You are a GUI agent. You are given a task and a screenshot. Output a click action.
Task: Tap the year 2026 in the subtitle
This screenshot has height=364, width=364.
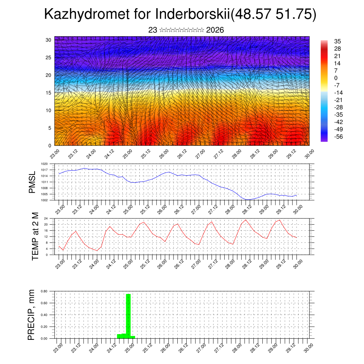point(215,30)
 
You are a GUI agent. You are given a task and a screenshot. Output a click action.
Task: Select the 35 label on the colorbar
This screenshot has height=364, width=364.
point(337,41)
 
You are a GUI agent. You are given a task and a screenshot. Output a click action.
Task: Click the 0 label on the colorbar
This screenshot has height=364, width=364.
point(336,78)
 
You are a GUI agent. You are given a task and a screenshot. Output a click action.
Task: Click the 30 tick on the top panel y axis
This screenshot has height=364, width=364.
point(48,40)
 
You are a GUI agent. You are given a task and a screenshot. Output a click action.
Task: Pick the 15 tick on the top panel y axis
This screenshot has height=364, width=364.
point(48,93)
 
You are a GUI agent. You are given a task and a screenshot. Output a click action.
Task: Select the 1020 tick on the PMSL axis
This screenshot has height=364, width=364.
point(44,164)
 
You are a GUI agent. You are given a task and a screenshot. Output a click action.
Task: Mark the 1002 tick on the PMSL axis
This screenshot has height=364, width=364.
point(44,200)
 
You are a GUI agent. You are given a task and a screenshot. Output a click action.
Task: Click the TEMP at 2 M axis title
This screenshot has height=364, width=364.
point(35,236)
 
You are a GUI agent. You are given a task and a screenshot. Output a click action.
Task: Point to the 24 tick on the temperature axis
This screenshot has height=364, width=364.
point(46,218)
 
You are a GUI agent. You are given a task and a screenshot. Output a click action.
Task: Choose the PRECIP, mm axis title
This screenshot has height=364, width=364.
point(32,315)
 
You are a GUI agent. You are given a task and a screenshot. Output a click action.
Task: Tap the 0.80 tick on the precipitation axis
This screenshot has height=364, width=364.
point(44,291)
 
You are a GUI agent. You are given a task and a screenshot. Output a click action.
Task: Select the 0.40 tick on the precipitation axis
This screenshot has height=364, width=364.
point(44,315)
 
